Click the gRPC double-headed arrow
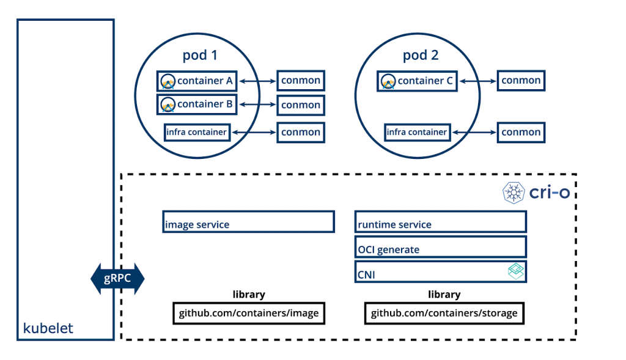coord(117,279)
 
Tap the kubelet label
coord(48,328)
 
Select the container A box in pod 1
coord(197,81)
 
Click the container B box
coord(197,104)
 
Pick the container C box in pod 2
coord(417,81)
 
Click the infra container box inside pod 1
coord(197,132)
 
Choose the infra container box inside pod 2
coord(418,132)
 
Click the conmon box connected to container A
coord(301,81)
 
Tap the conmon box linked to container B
coord(301,105)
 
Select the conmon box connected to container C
coord(521,81)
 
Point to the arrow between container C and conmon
coord(477,81)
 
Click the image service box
coord(248,222)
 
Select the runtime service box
coord(441,222)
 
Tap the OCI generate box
coord(441,247)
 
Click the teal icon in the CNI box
coord(516,271)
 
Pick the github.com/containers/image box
coord(249,314)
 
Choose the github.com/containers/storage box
coord(444,314)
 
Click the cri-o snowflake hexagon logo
coord(514,193)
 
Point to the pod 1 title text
coord(200,55)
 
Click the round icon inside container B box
coord(168,105)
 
